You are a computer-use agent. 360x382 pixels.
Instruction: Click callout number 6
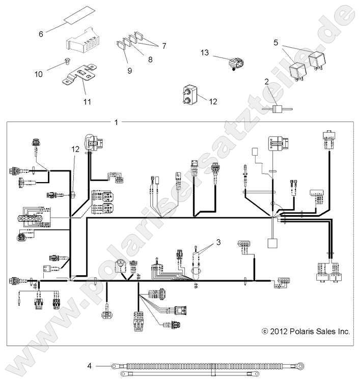41,34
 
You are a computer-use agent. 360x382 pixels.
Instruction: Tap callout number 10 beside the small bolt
39,74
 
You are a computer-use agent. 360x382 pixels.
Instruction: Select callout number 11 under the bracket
87,102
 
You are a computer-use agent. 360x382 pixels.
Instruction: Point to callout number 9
129,71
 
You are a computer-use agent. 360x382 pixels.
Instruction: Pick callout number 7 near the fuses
163,46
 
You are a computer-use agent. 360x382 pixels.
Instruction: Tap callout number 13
205,52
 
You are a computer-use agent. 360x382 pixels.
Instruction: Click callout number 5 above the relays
275,43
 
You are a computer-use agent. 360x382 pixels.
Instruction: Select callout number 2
266,81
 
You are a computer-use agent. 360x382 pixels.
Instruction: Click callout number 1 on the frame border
117,122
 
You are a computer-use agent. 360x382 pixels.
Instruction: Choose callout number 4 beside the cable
90,365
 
